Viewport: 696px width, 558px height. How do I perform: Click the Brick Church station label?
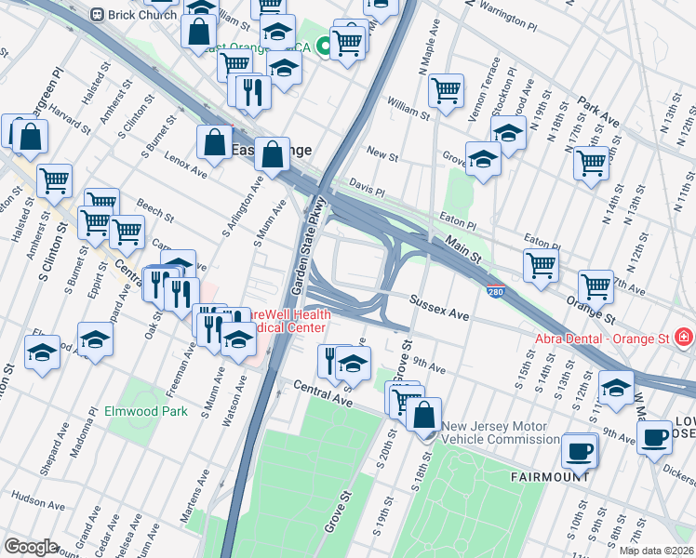141,16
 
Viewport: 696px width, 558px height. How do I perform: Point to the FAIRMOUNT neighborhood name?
550,476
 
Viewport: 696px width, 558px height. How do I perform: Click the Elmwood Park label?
145,410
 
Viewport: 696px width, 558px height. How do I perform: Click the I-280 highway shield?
496,291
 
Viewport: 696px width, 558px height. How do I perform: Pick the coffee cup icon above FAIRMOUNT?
579,451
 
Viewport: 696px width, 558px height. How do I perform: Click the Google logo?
32,547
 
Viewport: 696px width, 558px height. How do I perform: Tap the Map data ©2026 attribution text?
656,551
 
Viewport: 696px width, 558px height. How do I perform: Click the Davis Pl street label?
367,190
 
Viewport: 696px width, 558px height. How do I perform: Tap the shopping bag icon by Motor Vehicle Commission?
423,413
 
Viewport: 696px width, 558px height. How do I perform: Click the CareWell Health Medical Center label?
288,320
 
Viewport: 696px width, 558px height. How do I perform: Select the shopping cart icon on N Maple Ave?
447,90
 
